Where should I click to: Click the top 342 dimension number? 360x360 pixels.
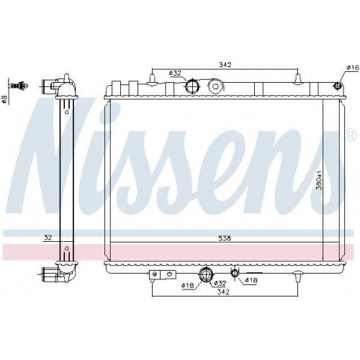(225, 65)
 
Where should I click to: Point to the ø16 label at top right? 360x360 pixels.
(352, 68)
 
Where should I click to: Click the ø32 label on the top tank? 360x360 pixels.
(174, 73)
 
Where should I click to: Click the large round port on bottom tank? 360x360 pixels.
(205, 274)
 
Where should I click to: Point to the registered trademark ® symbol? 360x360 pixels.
(350, 135)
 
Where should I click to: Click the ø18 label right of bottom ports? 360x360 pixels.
(251, 281)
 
